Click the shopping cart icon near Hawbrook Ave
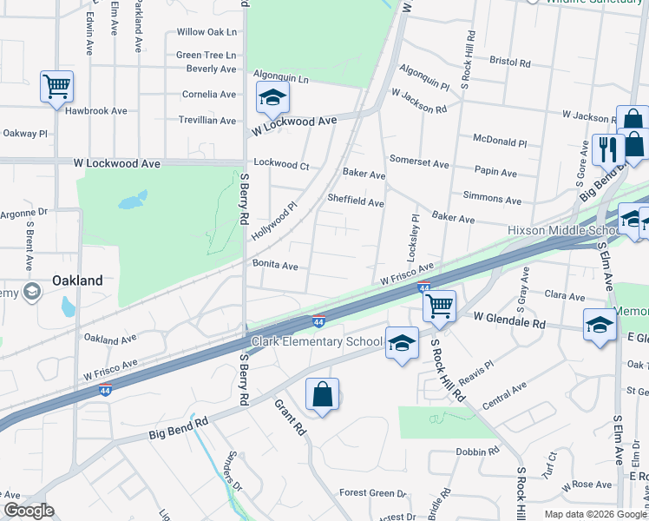(56, 87)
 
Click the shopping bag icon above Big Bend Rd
(322, 395)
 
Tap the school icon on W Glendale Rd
(600, 325)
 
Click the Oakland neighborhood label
(77, 280)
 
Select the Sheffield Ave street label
(355, 202)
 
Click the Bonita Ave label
(275, 265)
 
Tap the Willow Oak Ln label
(206, 32)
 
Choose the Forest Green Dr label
(367, 492)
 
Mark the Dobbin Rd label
(477, 452)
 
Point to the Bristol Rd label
(509, 63)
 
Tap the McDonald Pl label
(499, 141)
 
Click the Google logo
(29, 511)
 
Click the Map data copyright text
(594, 513)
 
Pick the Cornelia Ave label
(208, 95)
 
